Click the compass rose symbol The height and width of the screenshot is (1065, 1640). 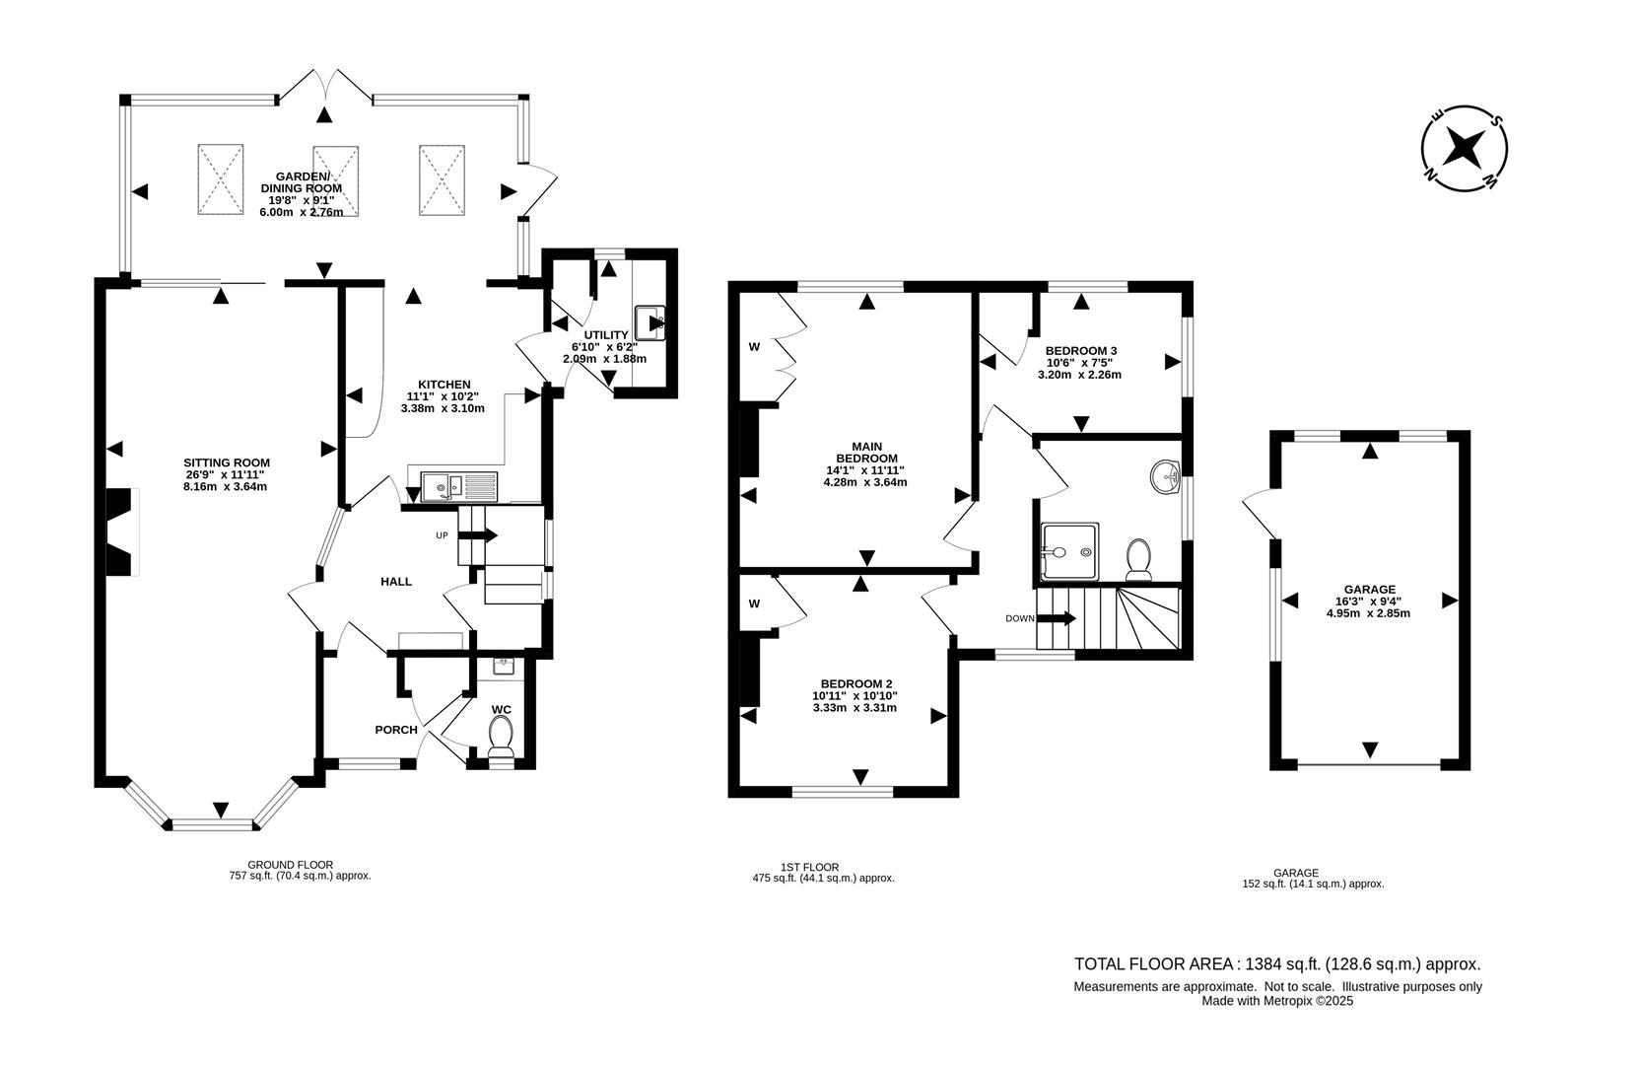tap(1466, 149)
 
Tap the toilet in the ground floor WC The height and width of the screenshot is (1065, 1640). tap(502, 737)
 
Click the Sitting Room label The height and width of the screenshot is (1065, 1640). tap(227, 462)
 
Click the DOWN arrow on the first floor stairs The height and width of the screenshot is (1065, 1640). tap(1056, 618)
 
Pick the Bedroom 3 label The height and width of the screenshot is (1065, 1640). tap(1080, 351)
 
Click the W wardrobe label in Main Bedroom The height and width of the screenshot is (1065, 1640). tap(754, 346)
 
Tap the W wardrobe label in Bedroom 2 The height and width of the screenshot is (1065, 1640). tap(754, 603)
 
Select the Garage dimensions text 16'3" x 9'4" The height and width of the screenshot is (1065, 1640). tap(1368, 601)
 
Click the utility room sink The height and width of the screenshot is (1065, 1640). tap(650, 322)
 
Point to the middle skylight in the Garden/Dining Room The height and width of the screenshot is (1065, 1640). tap(335, 179)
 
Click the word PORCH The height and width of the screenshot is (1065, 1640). tap(396, 730)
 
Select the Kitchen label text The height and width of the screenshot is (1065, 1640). tap(444, 385)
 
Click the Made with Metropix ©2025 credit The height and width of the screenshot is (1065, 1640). tap(1277, 1001)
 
